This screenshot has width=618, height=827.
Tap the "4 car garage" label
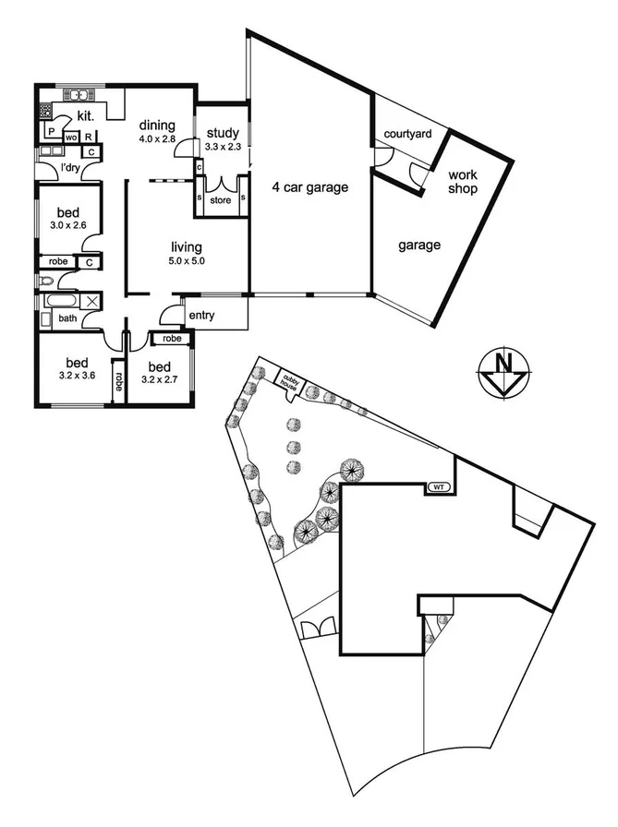point(309,188)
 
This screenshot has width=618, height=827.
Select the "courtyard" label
point(408,135)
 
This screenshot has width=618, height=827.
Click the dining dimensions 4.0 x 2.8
point(157,139)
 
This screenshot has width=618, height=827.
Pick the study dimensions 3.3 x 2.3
point(223,146)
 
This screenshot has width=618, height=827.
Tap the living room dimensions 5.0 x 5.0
point(186,261)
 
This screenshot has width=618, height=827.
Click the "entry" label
point(201,316)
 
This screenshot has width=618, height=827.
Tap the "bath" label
point(68,318)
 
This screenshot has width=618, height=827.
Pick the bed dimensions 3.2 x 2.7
point(158,378)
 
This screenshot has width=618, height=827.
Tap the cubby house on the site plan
point(293,378)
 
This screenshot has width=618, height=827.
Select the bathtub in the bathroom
point(59,301)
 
